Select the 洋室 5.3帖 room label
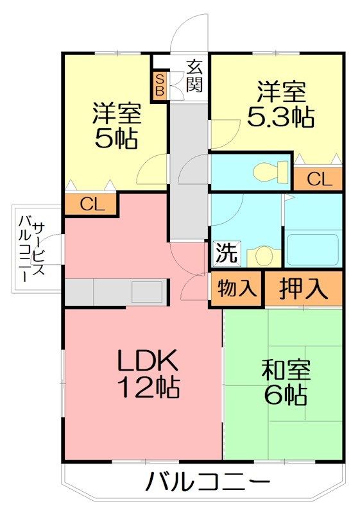pos(280,105)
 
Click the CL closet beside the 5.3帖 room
pos(319,179)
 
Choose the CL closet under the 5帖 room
pos(92,205)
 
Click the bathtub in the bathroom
pos(312,249)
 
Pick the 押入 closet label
pos(304,288)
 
